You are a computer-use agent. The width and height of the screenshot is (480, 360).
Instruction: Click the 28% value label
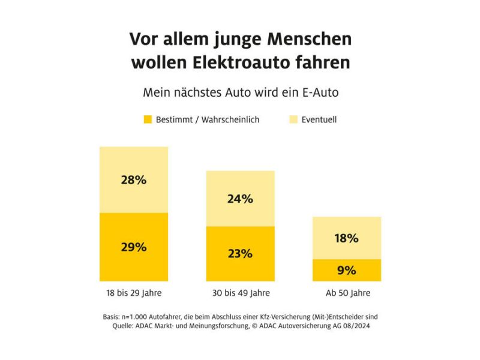pyautogui.click(x=133, y=179)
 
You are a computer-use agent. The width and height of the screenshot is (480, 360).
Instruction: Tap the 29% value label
pyautogui.click(x=133, y=247)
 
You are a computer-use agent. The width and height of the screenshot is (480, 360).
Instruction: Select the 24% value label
pyautogui.click(x=240, y=199)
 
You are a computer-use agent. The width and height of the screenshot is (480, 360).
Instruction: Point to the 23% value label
pyautogui.click(x=240, y=253)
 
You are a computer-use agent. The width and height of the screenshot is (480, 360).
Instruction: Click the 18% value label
pyautogui.click(x=346, y=238)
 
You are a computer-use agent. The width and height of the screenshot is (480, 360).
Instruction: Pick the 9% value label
pyautogui.click(x=346, y=270)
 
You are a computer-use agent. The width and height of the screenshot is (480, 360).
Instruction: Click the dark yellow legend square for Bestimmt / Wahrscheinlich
pyautogui.click(x=148, y=119)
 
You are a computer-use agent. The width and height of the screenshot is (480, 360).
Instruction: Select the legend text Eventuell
pyautogui.click(x=319, y=119)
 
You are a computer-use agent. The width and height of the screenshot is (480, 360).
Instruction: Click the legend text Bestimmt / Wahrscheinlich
pyautogui.click(x=208, y=119)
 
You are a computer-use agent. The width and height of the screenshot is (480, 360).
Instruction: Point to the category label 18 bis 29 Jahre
pyautogui.click(x=133, y=293)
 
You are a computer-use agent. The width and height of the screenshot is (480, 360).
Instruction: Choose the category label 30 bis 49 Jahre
pyautogui.click(x=240, y=293)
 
